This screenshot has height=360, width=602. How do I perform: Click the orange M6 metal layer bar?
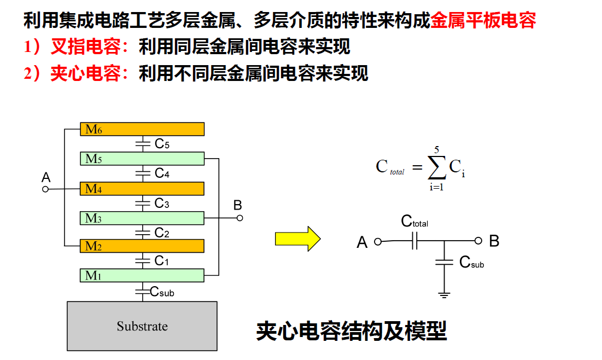(142, 129)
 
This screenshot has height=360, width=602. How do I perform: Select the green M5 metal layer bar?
(142, 159)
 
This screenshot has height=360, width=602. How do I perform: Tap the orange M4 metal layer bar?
(142, 189)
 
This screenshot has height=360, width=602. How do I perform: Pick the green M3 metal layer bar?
(142, 218)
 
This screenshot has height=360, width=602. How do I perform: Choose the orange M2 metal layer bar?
(142, 246)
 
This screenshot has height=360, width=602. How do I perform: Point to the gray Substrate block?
(142, 326)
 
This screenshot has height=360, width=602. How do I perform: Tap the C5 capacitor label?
(162, 144)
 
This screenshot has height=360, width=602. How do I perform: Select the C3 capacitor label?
(162, 204)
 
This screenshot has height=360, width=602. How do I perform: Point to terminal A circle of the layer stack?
(46, 189)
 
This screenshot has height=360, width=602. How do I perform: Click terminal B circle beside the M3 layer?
(239, 218)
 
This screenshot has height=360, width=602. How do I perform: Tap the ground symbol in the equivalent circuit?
(444, 295)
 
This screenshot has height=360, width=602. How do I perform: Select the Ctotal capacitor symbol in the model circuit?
(414, 240)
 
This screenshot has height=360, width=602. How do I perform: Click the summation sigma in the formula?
(436, 167)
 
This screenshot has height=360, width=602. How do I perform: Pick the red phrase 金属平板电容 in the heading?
(483, 21)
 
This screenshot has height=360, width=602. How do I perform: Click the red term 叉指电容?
(85, 47)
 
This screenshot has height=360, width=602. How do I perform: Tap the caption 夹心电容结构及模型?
(352, 331)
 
